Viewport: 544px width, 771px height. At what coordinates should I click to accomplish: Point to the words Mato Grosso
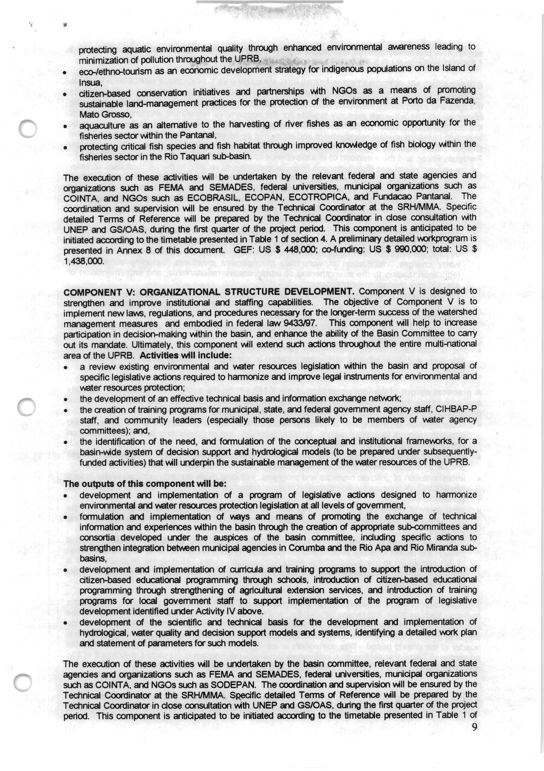click(104, 115)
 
